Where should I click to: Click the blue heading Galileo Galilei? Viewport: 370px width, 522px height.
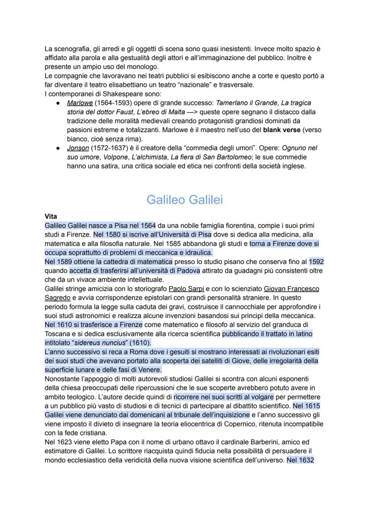[x=185, y=200]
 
